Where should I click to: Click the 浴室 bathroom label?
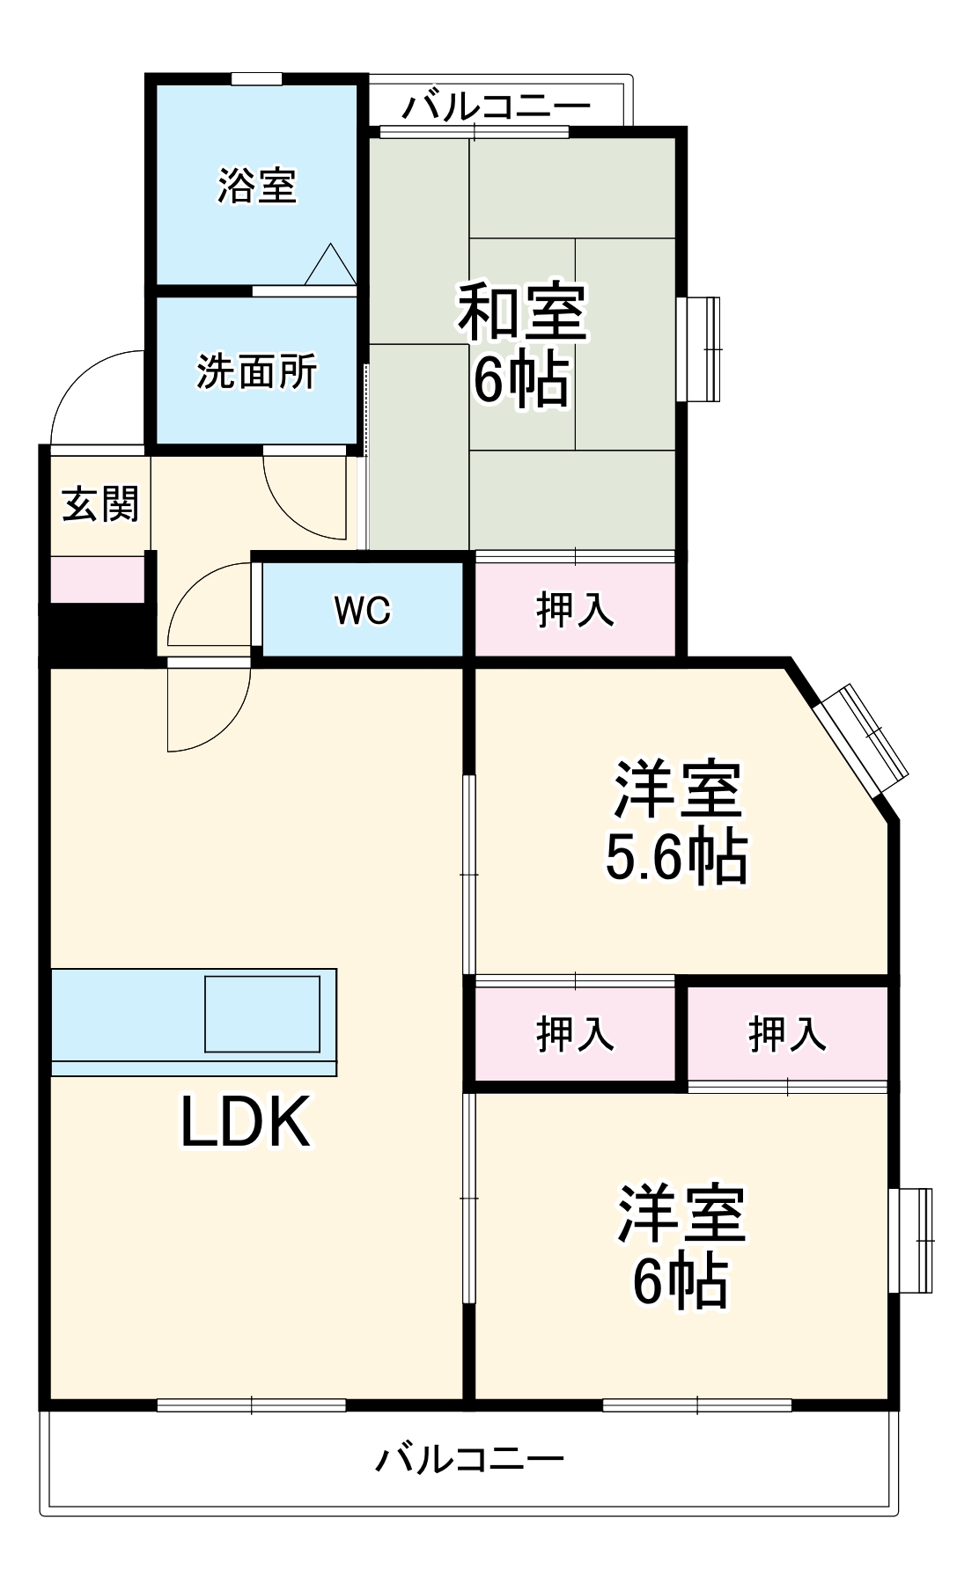pos(257,186)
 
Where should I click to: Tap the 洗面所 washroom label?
pos(256,371)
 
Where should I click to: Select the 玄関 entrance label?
pos(100,504)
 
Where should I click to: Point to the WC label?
pos(363,610)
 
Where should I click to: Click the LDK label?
pos(246,1121)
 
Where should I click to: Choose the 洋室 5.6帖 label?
pos(677,823)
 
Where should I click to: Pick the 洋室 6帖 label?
pos(681,1246)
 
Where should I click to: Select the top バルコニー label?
pos(496,107)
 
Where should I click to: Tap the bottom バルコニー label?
pos(469,1460)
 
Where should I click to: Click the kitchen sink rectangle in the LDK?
pos(262,1014)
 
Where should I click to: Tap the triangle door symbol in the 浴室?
pos(330,265)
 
